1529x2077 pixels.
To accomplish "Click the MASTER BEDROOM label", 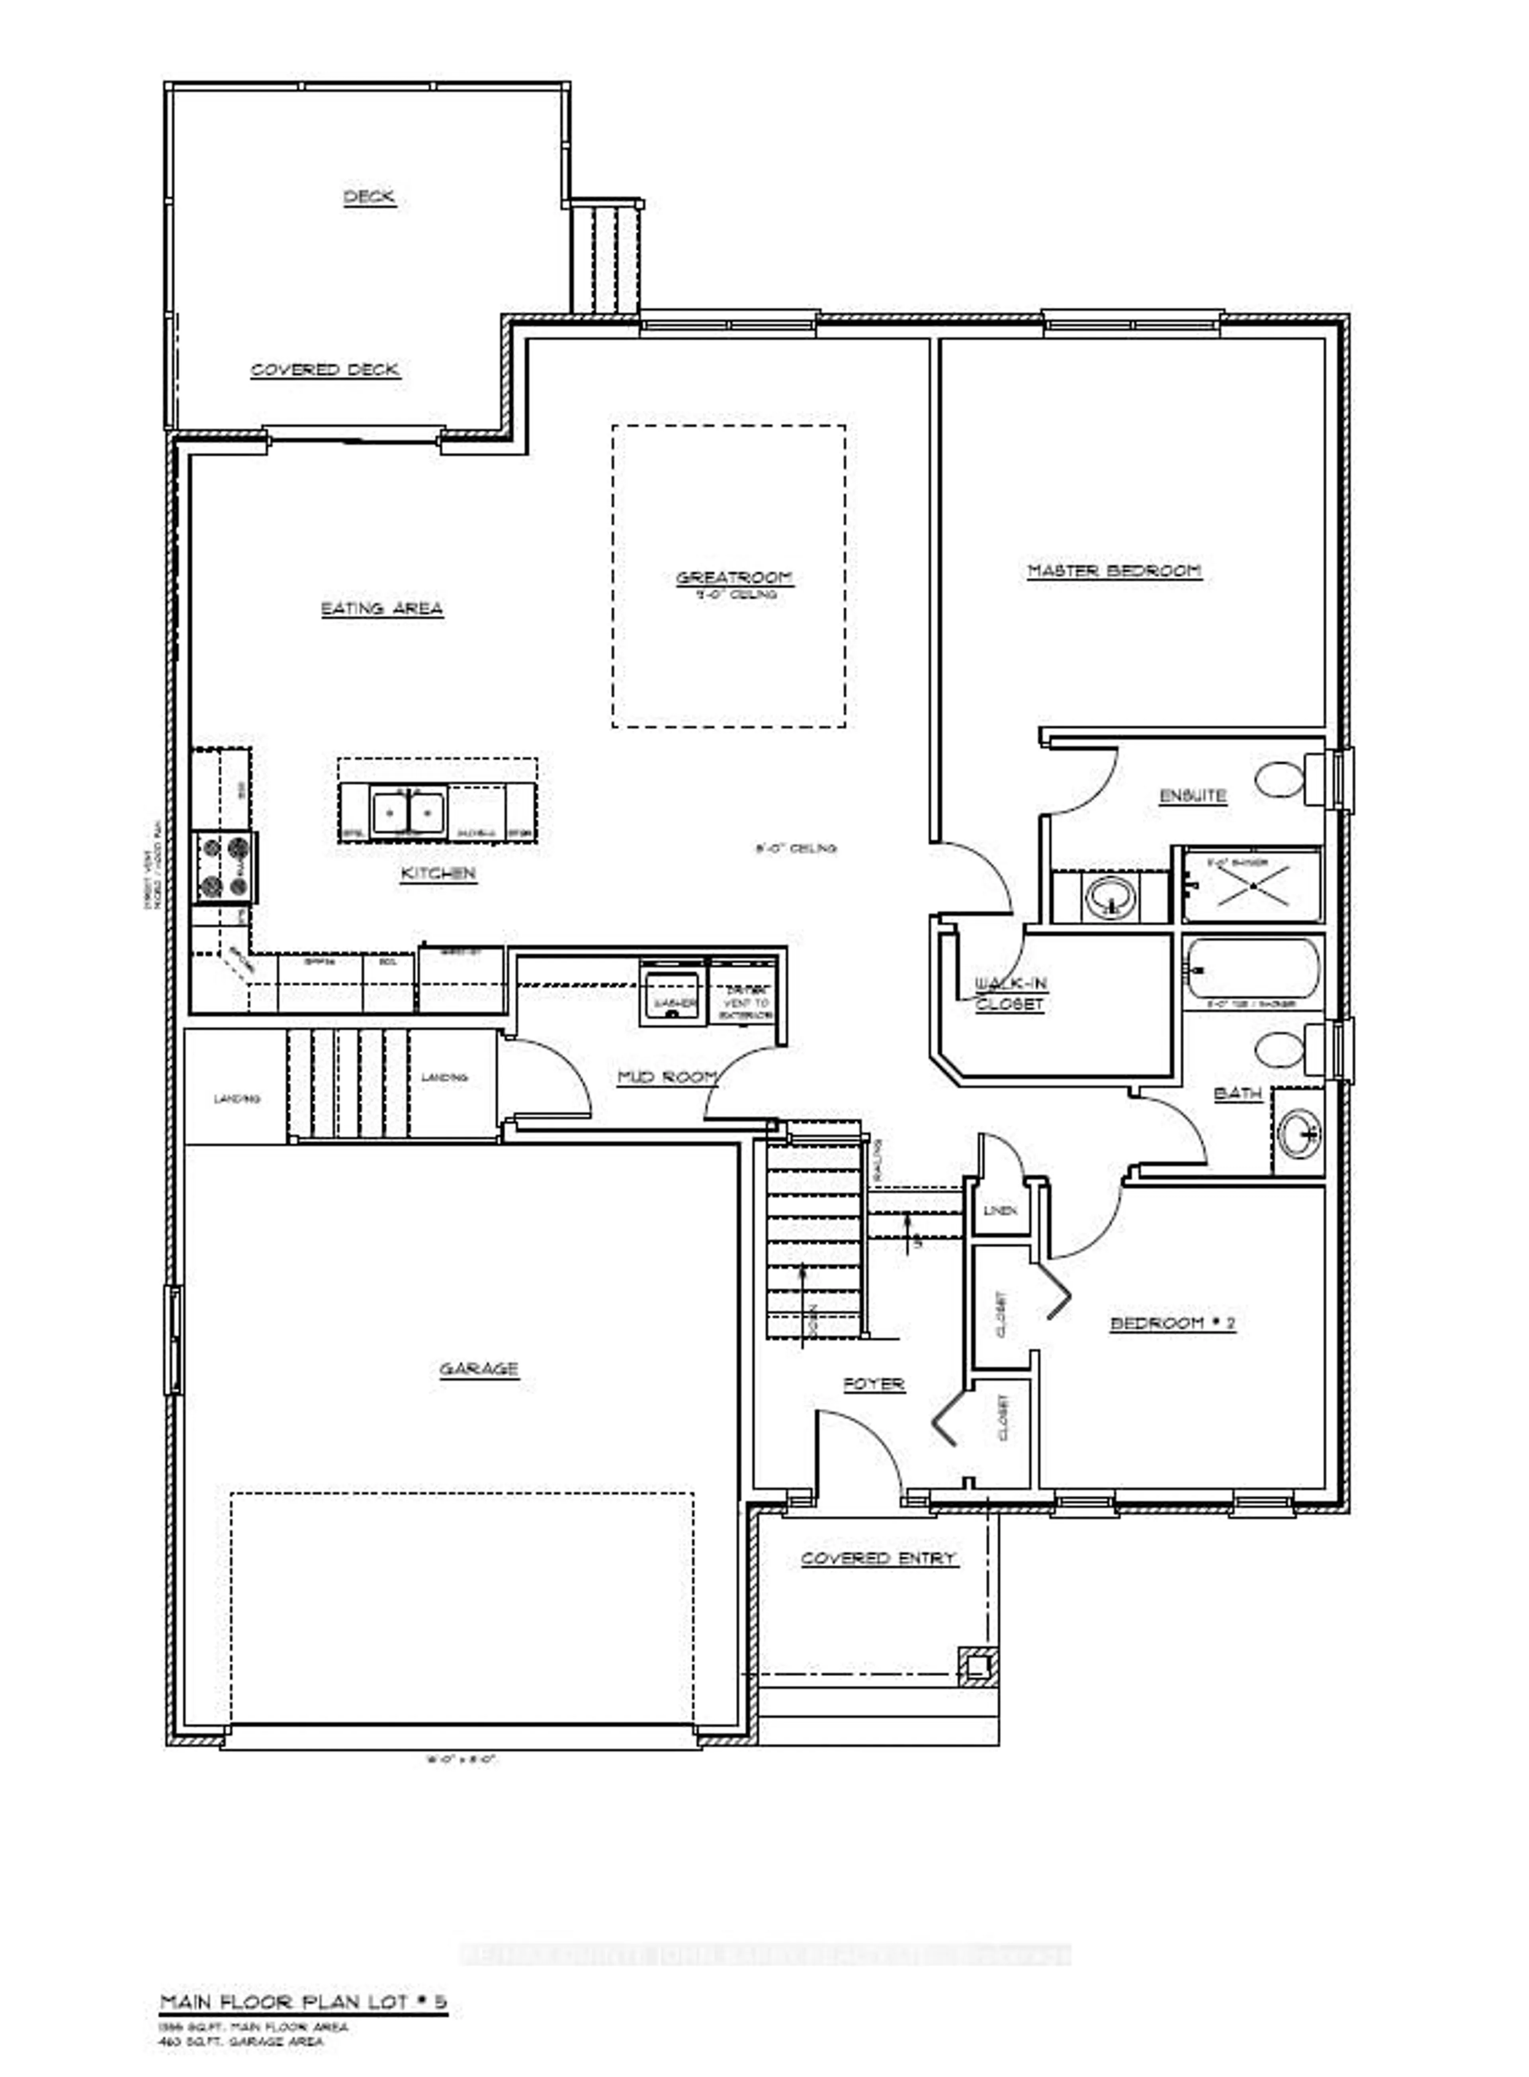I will click(1114, 571).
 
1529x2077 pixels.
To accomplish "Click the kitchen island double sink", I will click(408, 812).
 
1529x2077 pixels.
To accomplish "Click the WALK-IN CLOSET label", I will click(1011, 994).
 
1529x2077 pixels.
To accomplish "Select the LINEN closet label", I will click(1001, 1210).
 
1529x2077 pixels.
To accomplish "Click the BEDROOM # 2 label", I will click(1173, 1323).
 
